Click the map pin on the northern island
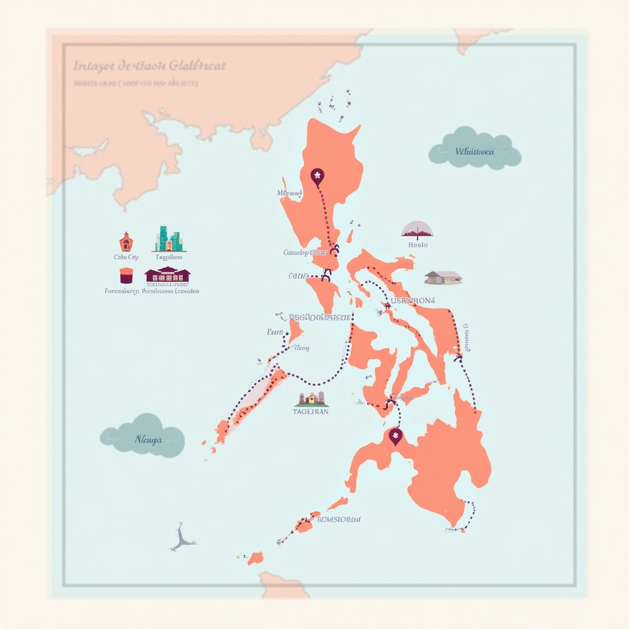pyautogui.click(x=318, y=177)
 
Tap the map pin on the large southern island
pyautogui.click(x=396, y=436)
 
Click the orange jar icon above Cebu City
pyautogui.click(x=126, y=241)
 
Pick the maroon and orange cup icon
pyautogui.click(x=126, y=275)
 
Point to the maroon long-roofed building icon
pyautogui.click(x=167, y=274)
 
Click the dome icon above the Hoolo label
pyautogui.click(x=417, y=230)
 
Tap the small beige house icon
pyautogui.click(x=443, y=278)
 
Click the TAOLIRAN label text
pyautogui.click(x=311, y=412)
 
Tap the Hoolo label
pyautogui.click(x=418, y=244)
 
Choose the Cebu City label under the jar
pyautogui.click(x=127, y=257)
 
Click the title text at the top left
pyautogui.click(x=149, y=65)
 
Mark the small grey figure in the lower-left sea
pyautogui.click(x=182, y=537)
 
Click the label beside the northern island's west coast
pyautogui.click(x=290, y=193)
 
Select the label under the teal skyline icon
pyautogui.click(x=169, y=257)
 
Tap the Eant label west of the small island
pyautogui.click(x=275, y=332)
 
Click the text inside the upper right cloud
pyautogui.click(x=474, y=151)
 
